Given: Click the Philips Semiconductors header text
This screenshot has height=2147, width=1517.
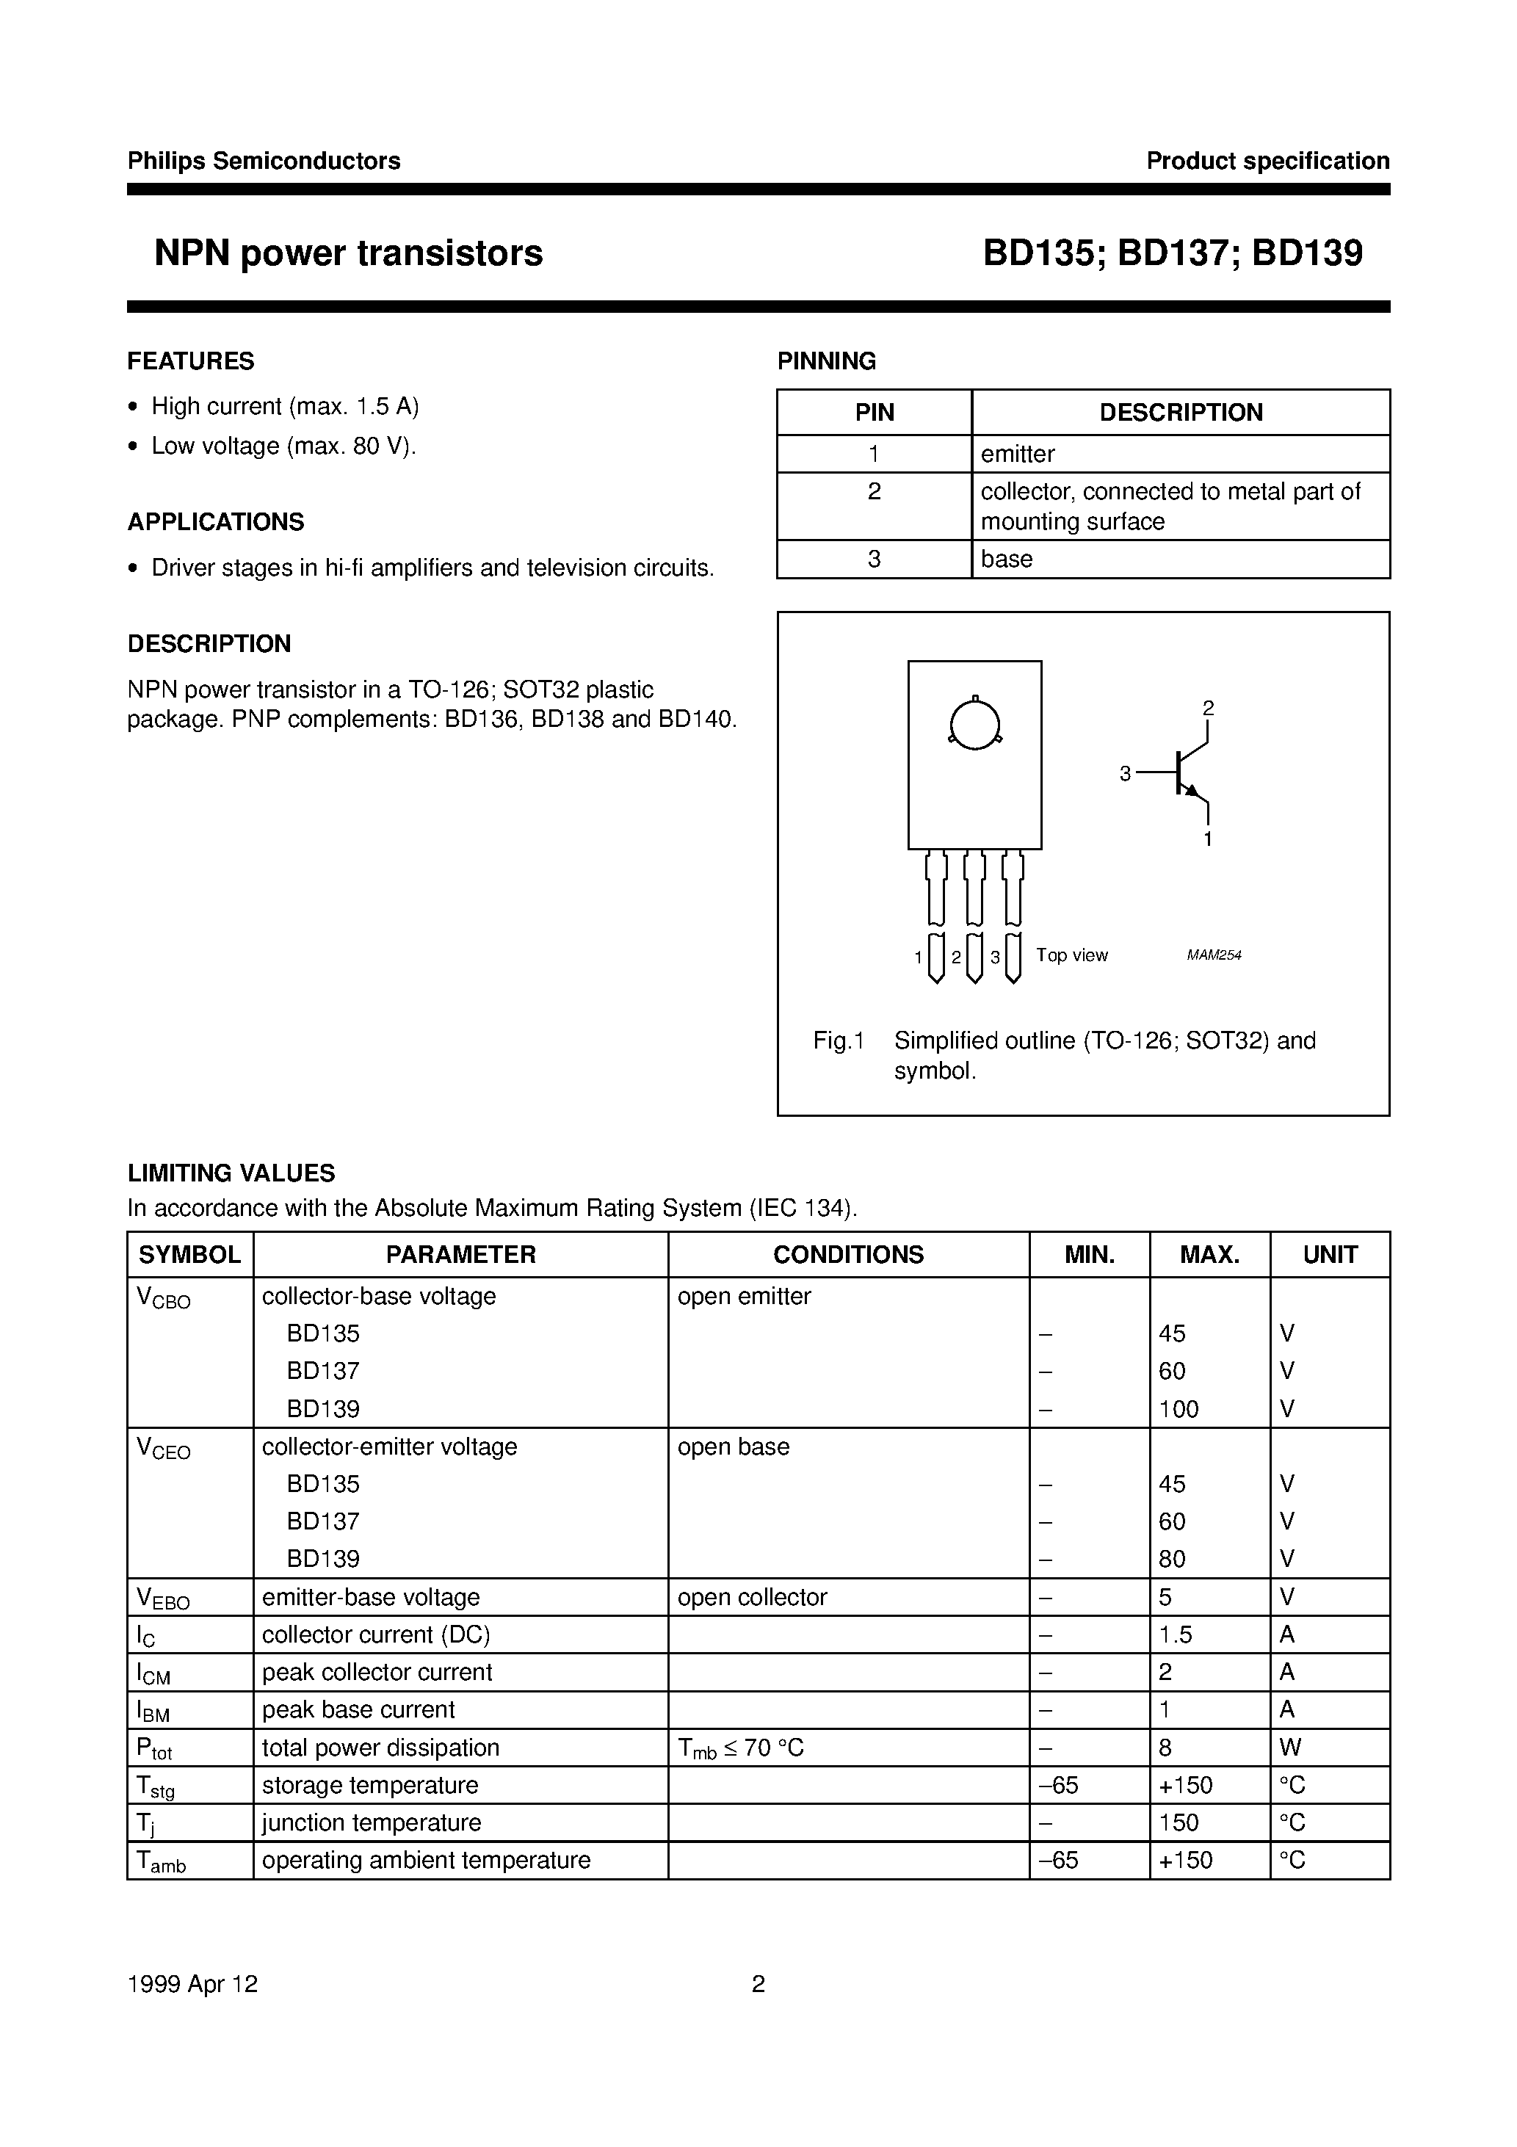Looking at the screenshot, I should [264, 161].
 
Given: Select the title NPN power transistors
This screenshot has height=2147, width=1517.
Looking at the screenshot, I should [348, 253].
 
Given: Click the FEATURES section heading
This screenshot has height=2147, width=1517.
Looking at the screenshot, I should [191, 361].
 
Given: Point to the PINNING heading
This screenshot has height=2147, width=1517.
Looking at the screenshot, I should [827, 361].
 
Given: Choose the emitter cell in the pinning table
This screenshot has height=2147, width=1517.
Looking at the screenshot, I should [1018, 455].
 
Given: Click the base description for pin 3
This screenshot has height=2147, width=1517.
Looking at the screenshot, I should [1007, 560].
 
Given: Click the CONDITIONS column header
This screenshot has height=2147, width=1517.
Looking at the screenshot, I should [848, 1255].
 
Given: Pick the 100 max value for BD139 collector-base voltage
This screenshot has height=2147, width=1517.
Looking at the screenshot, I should [1179, 1409].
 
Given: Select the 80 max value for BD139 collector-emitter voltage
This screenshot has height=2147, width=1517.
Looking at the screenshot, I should [1172, 1559].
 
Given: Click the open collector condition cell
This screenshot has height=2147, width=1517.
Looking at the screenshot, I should [752, 1597].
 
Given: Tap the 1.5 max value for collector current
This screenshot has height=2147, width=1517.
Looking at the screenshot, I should [1176, 1634].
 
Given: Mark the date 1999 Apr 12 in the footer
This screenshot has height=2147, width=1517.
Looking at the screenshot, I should [192, 1984].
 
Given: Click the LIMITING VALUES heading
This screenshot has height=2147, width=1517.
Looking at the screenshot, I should [231, 1173].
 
